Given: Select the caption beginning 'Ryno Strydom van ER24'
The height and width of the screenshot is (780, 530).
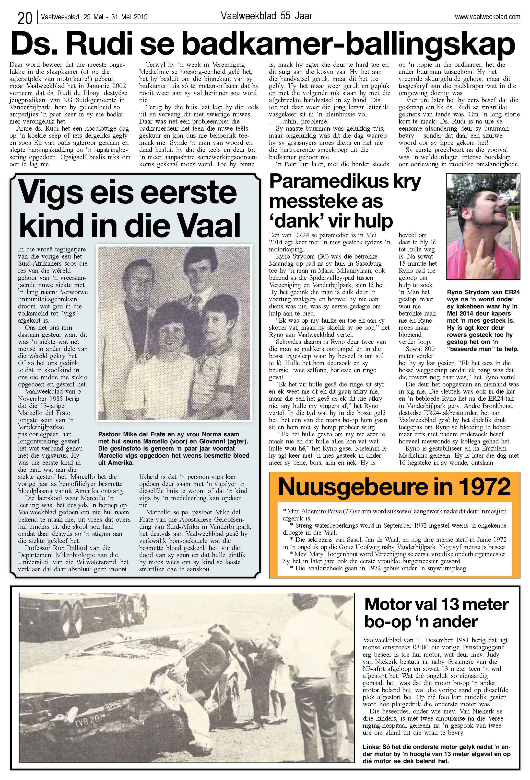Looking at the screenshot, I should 483,320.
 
